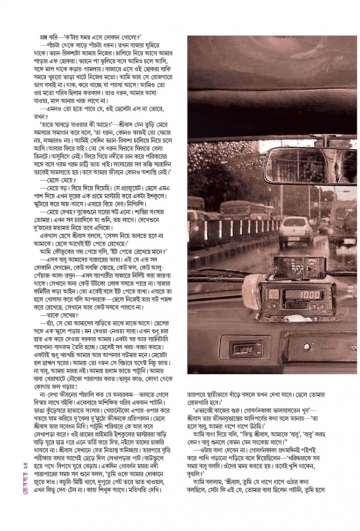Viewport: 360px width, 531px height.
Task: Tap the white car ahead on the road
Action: (x=295, y=231)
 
